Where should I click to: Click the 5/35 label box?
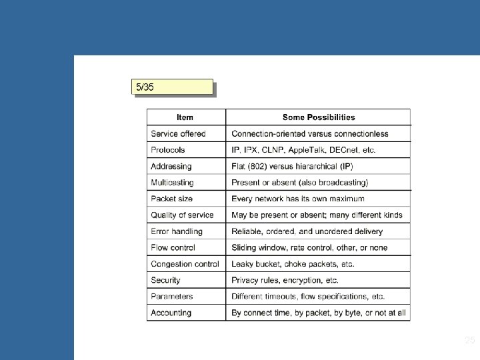[x=173, y=87]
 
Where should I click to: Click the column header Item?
[x=185, y=117]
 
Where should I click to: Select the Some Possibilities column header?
[x=318, y=117]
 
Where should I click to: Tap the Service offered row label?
[x=178, y=134]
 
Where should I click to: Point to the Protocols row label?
[x=168, y=150]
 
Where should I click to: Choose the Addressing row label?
[x=171, y=166]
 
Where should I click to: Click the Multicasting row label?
[x=172, y=182]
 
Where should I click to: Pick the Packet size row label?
[x=172, y=199]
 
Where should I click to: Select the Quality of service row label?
[x=182, y=215]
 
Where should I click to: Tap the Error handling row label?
[x=176, y=231]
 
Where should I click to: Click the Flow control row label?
[x=173, y=247]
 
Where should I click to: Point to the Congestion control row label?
[x=185, y=264]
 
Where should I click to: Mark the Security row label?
[x=165, y=280]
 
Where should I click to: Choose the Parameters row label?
[x=171, y=296]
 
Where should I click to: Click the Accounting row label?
[x=171, y=313]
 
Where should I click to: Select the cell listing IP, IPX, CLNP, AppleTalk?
[x=303, y=150]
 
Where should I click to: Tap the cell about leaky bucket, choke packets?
[x=293, y=264]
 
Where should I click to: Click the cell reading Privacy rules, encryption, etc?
[x=285, y=280]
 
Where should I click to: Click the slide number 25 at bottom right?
[x=469, y=341]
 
